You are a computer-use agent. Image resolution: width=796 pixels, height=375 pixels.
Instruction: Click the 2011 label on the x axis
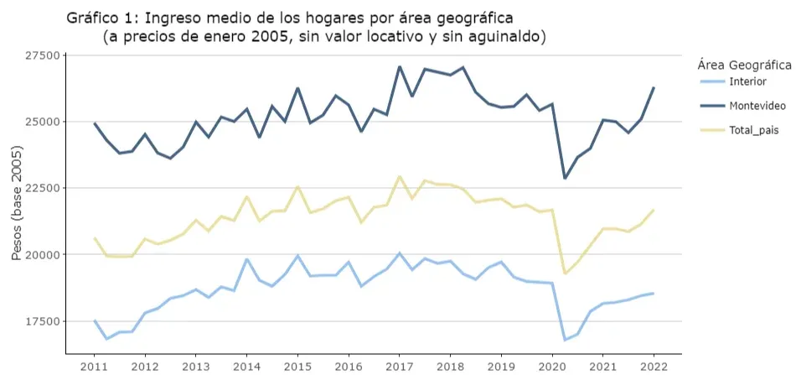[x=94, y=367]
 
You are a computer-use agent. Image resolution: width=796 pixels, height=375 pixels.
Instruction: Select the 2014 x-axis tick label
[x=246, y=367]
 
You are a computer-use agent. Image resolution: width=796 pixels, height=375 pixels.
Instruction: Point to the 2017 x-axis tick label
[x=399, y=367]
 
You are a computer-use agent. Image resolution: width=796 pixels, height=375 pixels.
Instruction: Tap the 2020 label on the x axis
[x=551, y=367]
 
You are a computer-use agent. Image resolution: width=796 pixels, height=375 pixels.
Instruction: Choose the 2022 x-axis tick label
[x=653, y=367]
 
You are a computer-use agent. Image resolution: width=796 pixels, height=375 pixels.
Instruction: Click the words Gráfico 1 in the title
[x=102, y=18]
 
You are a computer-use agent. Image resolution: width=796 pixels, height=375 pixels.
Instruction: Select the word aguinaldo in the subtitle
[x=505, y=38]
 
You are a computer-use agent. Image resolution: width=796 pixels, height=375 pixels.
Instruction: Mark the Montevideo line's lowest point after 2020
[x=565, y=178]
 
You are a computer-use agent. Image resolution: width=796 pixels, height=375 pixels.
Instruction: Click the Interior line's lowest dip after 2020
[x=565, y=340]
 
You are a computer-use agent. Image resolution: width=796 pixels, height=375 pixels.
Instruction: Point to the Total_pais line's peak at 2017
[x=400, y=177]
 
